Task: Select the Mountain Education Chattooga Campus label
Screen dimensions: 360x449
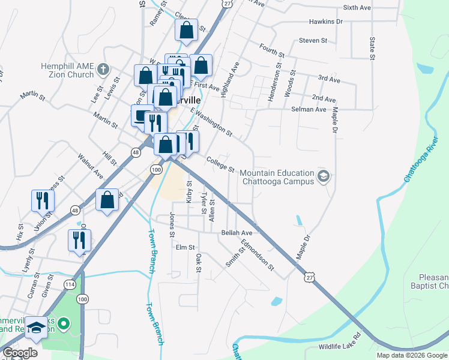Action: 277,177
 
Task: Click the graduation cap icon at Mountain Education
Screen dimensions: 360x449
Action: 324,175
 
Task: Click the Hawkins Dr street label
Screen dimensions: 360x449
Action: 326,22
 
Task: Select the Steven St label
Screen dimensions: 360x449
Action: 313,41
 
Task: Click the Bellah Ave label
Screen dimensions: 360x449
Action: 237,232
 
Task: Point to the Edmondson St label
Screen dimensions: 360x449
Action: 258,254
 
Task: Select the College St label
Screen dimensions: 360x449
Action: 220,163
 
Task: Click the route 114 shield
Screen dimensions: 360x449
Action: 70,284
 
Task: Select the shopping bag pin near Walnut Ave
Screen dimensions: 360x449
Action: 107,200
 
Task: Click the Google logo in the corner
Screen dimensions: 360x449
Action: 20,353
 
